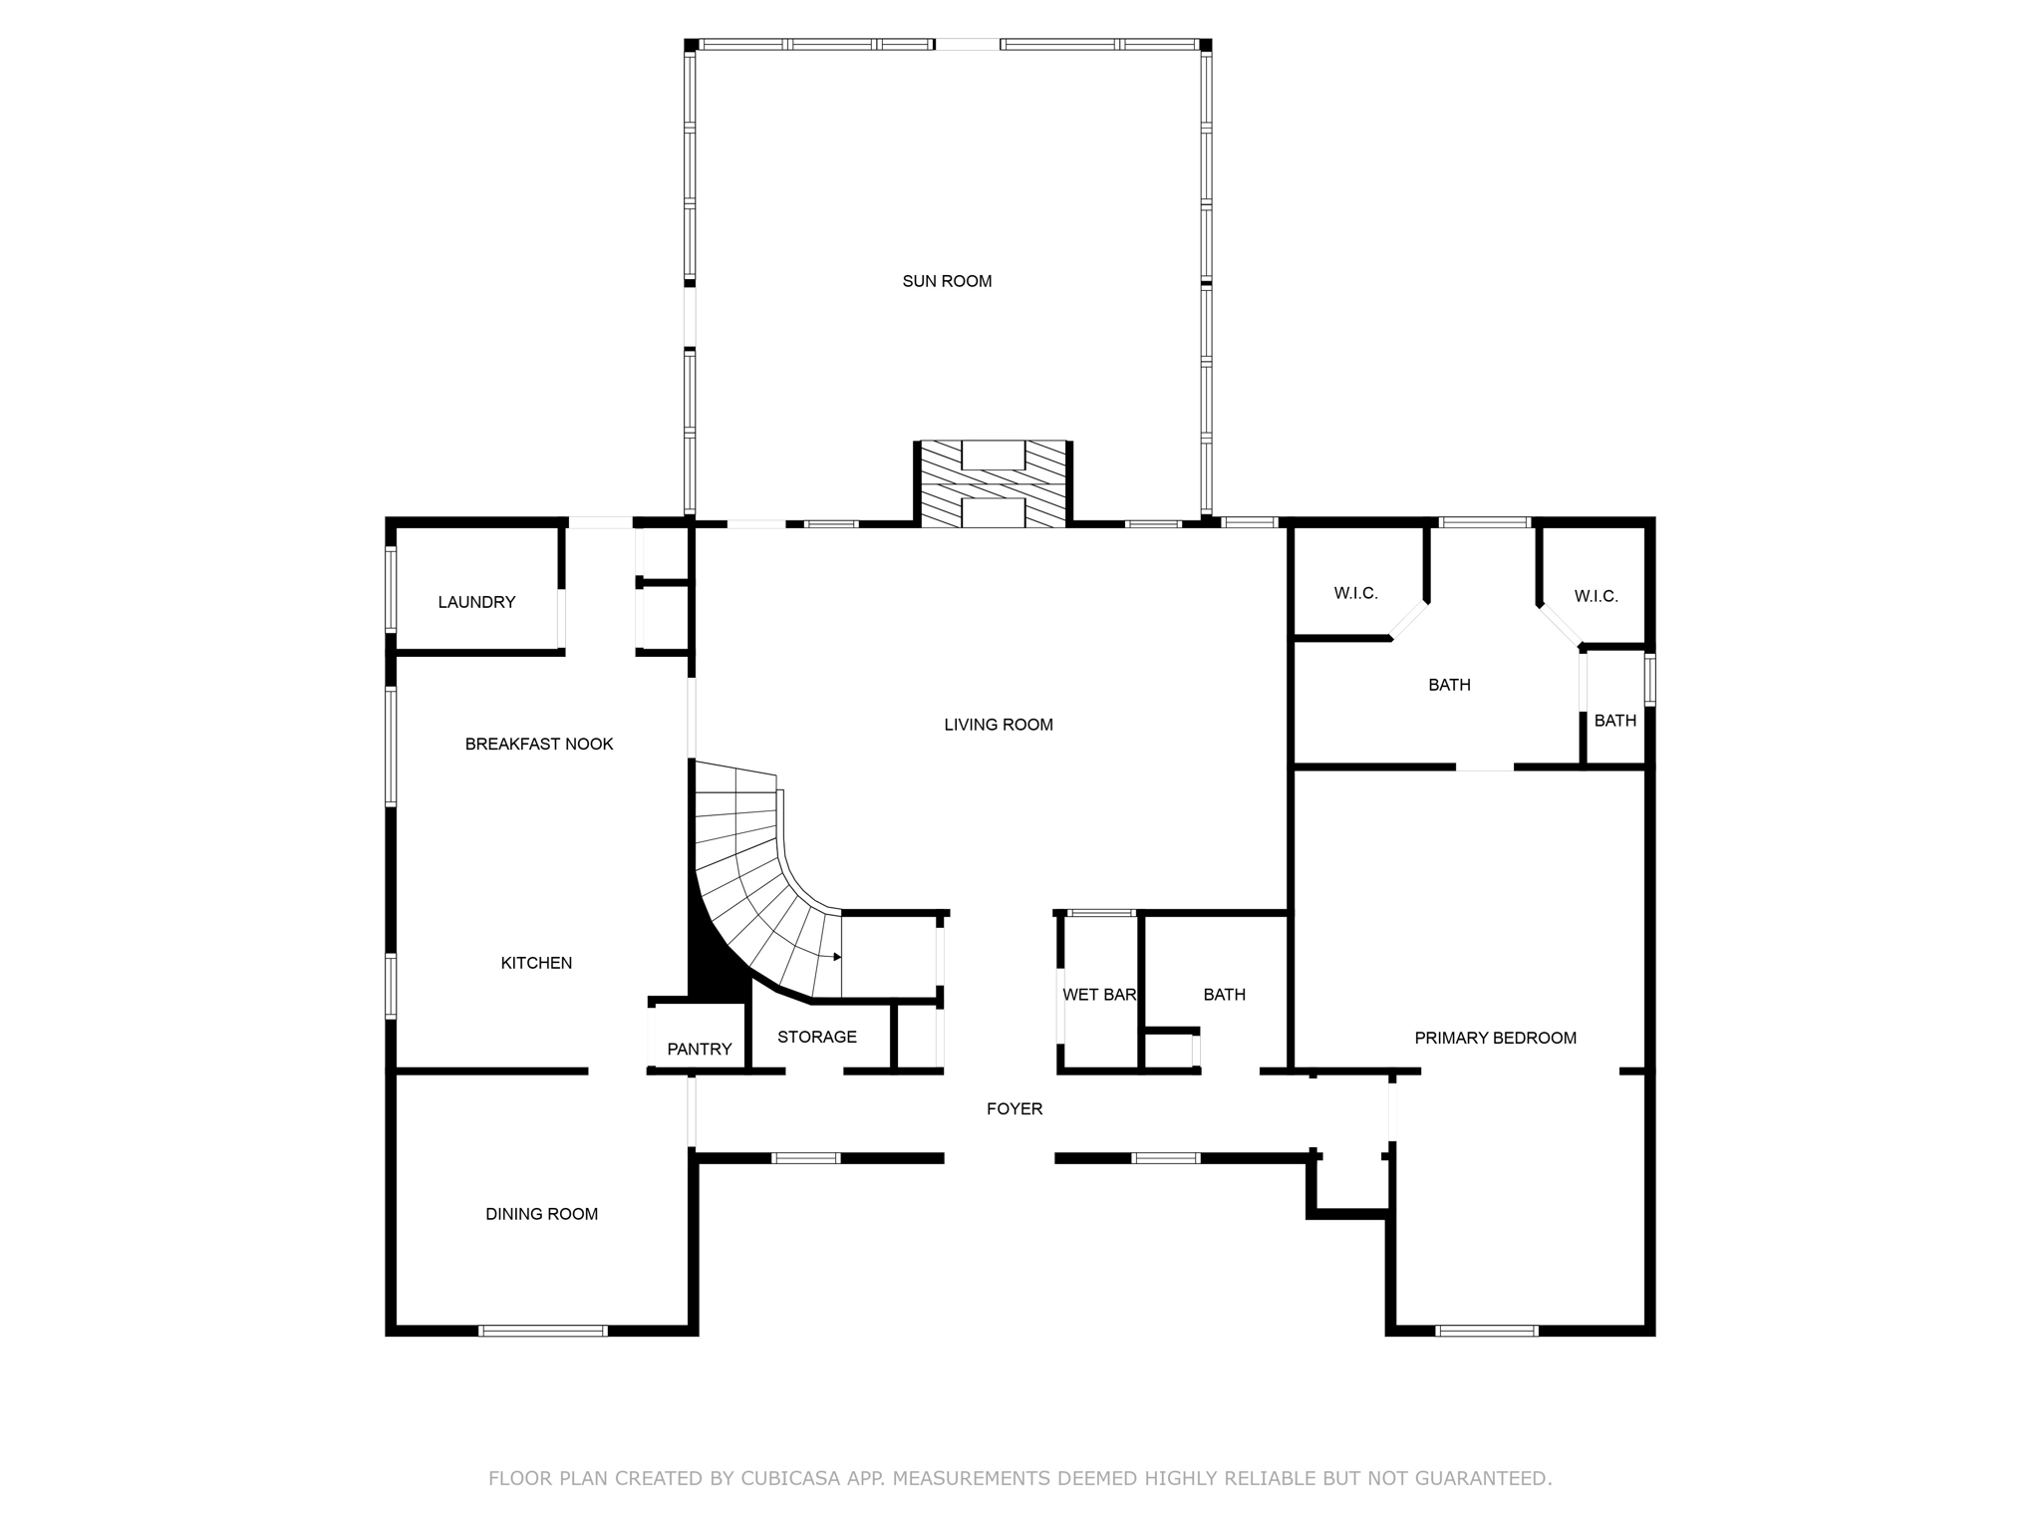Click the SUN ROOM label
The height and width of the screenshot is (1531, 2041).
point(947,281)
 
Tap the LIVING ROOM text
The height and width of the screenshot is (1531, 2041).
point(999,725)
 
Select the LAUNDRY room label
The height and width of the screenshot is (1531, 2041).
point(476,602)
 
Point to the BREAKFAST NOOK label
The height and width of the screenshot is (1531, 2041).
point(539,744)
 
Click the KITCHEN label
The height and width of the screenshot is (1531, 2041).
point(536,963)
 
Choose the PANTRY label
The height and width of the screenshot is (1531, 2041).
point(700,1049)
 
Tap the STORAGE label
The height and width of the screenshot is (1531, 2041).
point(817,1037)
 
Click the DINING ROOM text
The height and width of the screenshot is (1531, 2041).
point(541,1214)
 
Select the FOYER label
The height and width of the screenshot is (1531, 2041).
point(1015,1108)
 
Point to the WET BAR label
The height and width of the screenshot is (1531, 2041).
point(1099,995)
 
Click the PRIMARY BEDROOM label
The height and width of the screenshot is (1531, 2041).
point(1495,1038)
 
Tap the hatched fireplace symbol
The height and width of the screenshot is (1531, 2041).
point(993,484)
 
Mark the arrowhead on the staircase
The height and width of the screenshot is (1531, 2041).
point(837,957)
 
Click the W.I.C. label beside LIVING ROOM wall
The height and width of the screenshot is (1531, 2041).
point(1355,593)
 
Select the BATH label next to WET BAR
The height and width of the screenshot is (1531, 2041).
point(1224,995)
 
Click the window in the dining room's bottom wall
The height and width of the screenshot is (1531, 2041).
point(543,1330)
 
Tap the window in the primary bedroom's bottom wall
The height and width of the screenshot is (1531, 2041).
point(1486,1330)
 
